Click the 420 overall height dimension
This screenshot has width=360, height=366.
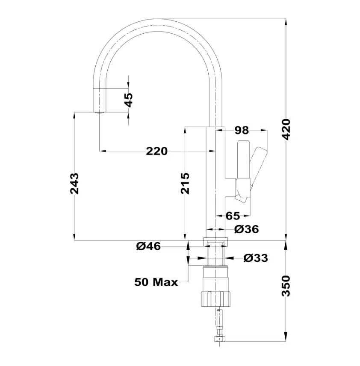click(286, 129)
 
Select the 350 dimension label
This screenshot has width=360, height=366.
click(286, 286)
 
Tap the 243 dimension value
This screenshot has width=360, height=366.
click(74, 184)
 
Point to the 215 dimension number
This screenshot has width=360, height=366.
click(185, 184)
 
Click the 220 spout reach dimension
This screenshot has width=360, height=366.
click(157, 151)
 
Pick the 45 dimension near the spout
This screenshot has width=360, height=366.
click(128, 100)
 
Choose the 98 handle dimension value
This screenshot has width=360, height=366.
click(242, 131)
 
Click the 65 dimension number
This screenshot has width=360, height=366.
click(233, 216)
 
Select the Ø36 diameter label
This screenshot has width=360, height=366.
click(247, 229)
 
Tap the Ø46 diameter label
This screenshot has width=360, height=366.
click(149, 246)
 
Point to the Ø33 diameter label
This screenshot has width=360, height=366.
click(256, 258)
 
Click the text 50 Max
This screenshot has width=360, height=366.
click(156, 282)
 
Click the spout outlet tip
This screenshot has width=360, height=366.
click(99, 112)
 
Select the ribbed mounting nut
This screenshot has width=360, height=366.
click(215, 299)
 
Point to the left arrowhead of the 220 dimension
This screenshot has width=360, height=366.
click(103, 151)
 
